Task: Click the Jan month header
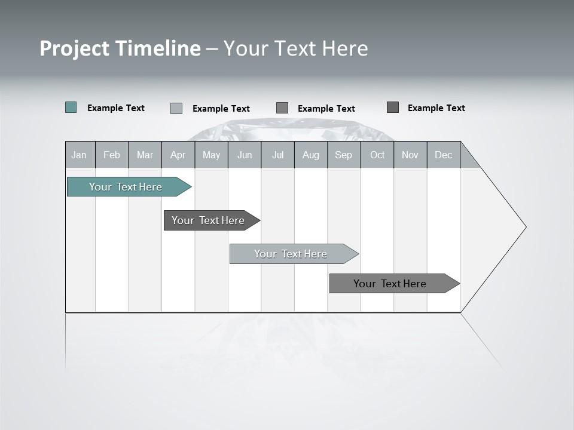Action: tap(79, 155)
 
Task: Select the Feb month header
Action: tap(112, 155)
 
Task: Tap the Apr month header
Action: tap(178, 155)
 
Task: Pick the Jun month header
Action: tap(245, 155)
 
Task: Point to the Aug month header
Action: tap(310, 155)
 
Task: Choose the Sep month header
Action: tap(343, 155)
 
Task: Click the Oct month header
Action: tap(377, 155)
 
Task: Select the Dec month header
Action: tap(443, 155)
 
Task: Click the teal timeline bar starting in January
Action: tap(126, 187)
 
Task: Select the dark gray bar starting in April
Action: tap(208, 220)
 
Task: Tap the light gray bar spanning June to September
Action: tap(291, 254)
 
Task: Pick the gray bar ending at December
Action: tap(390, 284)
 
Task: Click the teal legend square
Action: tap(71, 107)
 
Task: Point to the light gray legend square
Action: tap(176, 108)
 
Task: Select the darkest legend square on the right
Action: tap(393, 107)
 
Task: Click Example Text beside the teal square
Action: tap(116, 108)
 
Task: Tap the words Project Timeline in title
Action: tap(120, 48)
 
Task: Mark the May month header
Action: tap(211, 155)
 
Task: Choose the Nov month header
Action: tap(410, 155)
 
